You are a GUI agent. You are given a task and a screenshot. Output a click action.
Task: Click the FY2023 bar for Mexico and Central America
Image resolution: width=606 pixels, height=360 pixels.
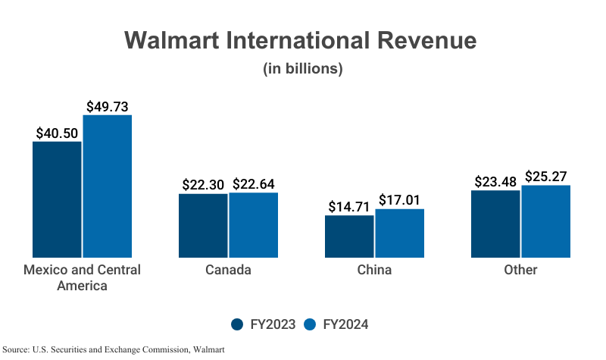click(x=57, y=199)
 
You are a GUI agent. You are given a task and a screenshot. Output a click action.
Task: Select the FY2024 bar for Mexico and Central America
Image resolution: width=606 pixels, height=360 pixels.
click(x=107, y=186)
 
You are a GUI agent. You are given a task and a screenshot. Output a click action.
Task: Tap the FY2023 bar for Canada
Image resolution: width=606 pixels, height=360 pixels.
click(x=203, y=226)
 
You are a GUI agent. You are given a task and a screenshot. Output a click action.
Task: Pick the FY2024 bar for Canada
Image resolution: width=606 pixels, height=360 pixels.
click(x=253, y=225)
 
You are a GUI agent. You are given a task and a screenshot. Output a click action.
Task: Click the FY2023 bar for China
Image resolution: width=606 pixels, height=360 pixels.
click(x=349, y=236)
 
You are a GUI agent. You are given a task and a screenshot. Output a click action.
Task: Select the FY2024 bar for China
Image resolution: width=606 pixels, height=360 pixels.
click(x=399, y=233)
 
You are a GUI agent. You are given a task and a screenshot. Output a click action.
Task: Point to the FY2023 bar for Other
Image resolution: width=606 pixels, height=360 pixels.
click(x=495, y=224)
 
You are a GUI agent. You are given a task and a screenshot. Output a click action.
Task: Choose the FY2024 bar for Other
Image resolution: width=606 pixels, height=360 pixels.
click(x=545, y=221)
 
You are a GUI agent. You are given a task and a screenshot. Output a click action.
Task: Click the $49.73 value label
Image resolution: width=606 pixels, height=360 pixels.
click(x=107, y=107)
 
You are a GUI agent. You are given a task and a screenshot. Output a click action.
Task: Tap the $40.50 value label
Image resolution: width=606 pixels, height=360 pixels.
click(x=57, y=133)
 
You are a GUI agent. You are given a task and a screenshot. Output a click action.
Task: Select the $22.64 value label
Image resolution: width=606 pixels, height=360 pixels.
click(x=253, y=184)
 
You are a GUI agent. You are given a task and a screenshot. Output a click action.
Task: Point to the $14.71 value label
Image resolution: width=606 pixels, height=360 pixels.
click(x=349, y=207)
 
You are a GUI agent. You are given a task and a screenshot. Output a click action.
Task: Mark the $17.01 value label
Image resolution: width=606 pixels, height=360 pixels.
click(x=399, y=201)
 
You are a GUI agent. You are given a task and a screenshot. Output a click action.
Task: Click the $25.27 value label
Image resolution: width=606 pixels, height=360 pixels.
click(x=545, y=177)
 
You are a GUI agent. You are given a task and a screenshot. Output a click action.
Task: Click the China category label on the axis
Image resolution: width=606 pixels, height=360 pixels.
click(x=374, y=270)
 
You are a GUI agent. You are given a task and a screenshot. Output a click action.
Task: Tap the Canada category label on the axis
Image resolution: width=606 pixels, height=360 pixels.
click(x=228, y=270)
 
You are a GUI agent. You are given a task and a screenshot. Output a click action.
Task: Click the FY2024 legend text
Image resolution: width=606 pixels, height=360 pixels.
click(x=345, y=324)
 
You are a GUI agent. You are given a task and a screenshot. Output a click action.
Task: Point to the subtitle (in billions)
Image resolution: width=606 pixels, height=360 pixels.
click(x=303, y=69)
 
